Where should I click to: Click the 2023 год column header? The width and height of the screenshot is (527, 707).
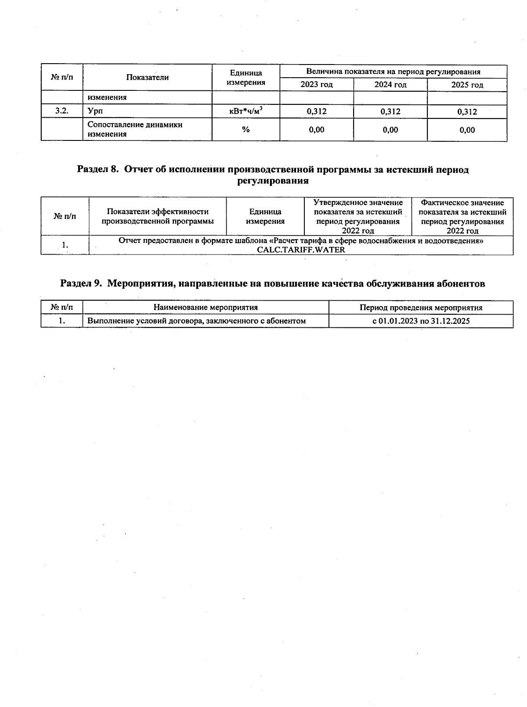pyautogui.click(x=316, y=85)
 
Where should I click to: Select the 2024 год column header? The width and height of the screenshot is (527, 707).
pyautogui.click(x=390, y=85)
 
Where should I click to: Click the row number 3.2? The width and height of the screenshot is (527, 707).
pyautogui.click(x=62, y=111)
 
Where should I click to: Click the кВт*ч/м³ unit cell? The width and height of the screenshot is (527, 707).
pyautogui.click(x=246, y=111)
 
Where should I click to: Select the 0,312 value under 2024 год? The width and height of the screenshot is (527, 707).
pyautogui.click(x=390, y=111)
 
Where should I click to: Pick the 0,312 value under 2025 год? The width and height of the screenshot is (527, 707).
pyautogui.click(x=467, y=112)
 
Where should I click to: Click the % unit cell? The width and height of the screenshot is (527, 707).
pyautogui.click(x=246, y=129)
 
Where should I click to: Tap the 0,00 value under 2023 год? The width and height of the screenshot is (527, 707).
pyautogui.click(x=316, y=129)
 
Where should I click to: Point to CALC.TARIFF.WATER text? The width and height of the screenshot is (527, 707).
pyautogui.click(x=301, y=250)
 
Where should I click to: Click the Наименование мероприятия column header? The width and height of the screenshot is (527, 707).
pyautogui.click(x=206, y=308)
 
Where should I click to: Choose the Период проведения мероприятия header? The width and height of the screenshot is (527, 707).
pyautogui.click(x=421, y=308)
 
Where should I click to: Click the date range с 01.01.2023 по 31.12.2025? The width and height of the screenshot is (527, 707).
pyautogui.click(x=421, y=321)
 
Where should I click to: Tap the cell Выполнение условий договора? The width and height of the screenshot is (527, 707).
pyautogui.click(x=196, y=321)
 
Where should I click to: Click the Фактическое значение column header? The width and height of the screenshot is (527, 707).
pyautogui.click(x=462, y=216)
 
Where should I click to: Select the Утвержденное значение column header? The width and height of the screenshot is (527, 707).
pyautogui.click(x=358, y=216)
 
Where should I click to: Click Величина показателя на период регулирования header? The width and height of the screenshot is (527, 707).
pyautogui.click(x=393, y=72)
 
